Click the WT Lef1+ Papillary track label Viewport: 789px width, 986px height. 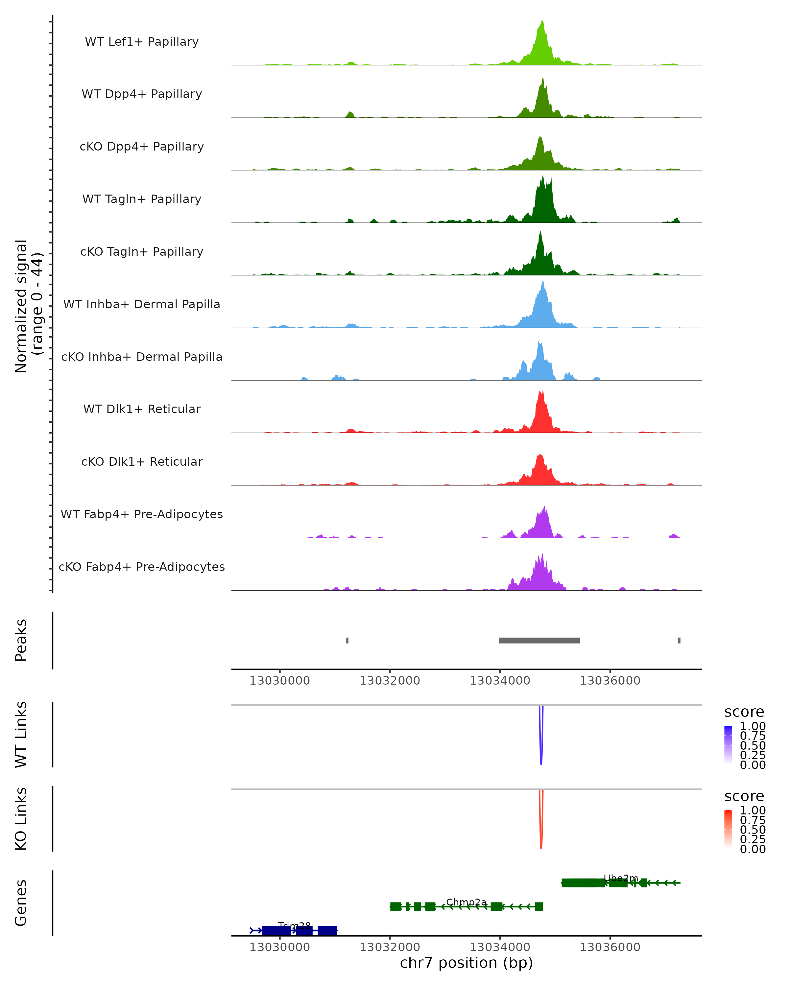(x=142, y=42)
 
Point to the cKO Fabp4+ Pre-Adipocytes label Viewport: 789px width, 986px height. (x=142, y=567)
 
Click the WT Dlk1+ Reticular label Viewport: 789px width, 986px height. (x=142, y=409)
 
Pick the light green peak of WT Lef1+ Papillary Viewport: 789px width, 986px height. (x=542, y=22)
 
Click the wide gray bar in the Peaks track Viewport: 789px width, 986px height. (x=539, y=640)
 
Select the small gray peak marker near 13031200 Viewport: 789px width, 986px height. (x=347, y=640)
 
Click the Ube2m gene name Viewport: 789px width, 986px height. (x=621, y=878)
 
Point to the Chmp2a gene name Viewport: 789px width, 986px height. (x=466, y=902)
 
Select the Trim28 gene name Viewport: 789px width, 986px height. (x=294, y=926)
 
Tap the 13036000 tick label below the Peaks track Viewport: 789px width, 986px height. (x=610, y=681)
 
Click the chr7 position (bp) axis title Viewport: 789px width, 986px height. (x=466, y=963)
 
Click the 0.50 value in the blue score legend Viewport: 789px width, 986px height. (x=753, y=745)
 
